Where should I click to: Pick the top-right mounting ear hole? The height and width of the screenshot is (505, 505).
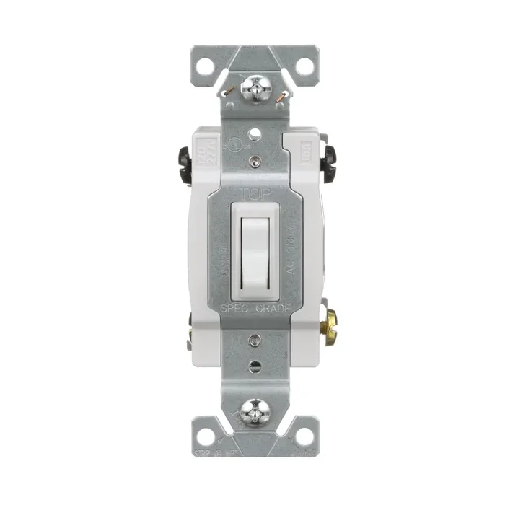[304, 66]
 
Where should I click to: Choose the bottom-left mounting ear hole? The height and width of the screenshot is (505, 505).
[206, 436]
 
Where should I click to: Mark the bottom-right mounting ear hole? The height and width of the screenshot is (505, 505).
[304, 436]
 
